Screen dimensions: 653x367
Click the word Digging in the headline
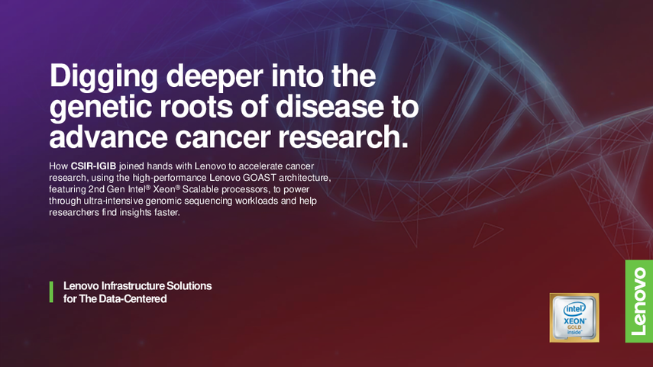pyautogui.click(x=104, y=77)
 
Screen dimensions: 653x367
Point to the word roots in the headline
pyautogui.click(x=196, y=107)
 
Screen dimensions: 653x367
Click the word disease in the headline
pyautogui.click(x=329, y=106)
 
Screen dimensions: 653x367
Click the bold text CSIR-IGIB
pyautogui.click(x=93, y=166)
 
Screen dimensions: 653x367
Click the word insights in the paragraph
pyautogui.click(x=137, y=213)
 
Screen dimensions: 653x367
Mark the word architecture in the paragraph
pyautogui.click(x=305, y=178)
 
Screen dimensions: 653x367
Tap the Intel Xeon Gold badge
pyautogui.click(x=574, y=318)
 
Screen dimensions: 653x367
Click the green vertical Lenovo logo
pyautogui.click(x=638, y=301)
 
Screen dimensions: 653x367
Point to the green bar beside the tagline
pyautogui.click(x=51, y=292)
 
